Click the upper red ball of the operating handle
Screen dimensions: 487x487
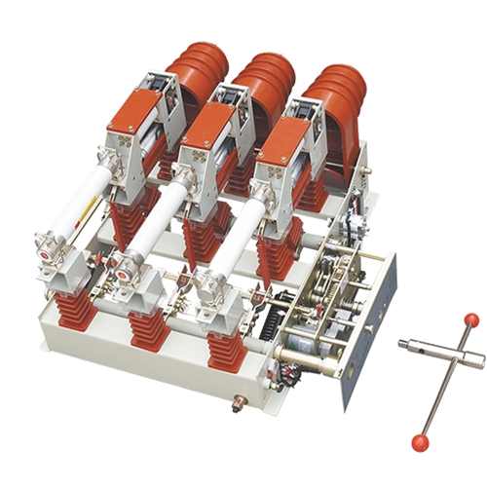pos(471,319)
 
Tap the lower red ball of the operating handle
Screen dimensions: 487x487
pos(420,443)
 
